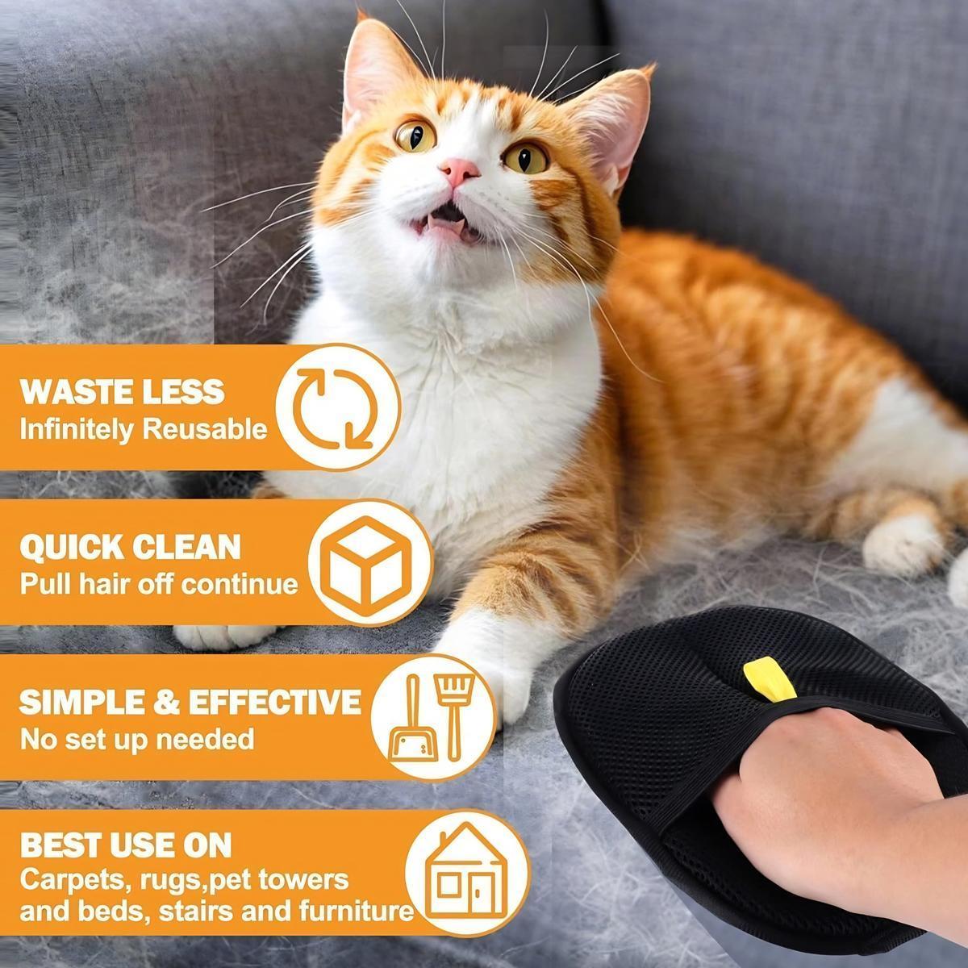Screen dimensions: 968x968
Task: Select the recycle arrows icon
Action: (337, 408)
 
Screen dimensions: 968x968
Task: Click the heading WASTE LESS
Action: (122, 391)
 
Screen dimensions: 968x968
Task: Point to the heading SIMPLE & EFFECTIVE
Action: (190, 701)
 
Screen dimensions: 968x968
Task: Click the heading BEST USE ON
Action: (126, 845)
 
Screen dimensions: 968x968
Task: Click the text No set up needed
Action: (136, 738)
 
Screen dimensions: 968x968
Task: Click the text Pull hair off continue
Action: (159, 583)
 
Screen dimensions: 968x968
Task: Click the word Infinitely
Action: (77, 429)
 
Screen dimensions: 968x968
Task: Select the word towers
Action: (306, 878)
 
